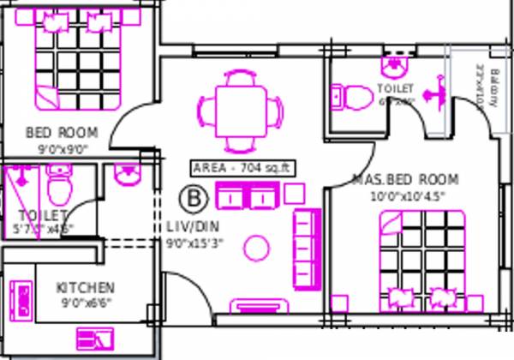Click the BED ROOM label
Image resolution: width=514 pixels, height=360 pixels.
click(x=62, y=133)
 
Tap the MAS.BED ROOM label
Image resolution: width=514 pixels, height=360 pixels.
click(x=405, y=180)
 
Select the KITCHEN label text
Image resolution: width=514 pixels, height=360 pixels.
click(x=86, y=287)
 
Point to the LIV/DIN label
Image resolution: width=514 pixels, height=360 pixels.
click(x=193, y=227)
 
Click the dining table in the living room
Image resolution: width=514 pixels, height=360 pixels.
click(x=238, y=110)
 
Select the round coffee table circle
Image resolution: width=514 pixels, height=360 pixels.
click(x=256, y=248)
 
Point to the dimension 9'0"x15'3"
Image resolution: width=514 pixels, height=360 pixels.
click(x=195, y=243)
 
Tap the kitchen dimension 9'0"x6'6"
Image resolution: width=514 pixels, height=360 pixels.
click(x=86, y=302)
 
